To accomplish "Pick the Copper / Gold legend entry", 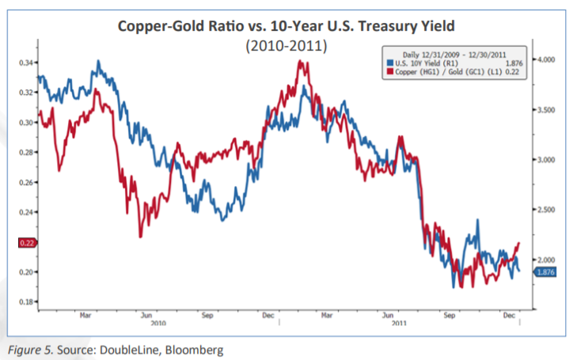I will tap(442, 72).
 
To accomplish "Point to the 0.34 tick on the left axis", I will tap(25, 62).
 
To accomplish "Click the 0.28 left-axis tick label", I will tap(25, 152).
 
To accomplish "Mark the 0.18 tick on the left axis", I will tap(25, 302).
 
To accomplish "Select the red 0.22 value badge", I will tap(25, 243).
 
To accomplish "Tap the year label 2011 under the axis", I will tap(400, 322).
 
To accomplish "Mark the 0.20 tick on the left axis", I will tap(25, 272).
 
